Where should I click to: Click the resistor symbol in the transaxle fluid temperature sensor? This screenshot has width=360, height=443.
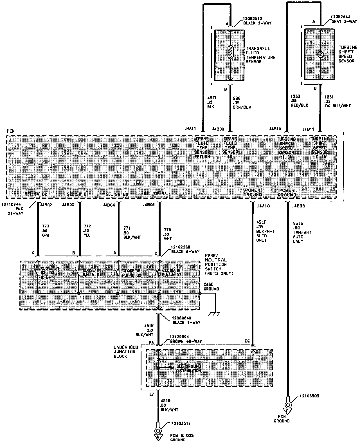point(230,52)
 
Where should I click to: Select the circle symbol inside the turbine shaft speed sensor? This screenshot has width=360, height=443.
point(319,55)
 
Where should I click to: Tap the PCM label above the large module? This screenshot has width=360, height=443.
point(11,131)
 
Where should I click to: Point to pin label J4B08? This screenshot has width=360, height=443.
point(218,129)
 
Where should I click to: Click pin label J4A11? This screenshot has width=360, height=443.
point(190,128)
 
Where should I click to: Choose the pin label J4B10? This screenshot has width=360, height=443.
point(275,129)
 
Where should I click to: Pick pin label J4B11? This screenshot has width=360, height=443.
point(308,129)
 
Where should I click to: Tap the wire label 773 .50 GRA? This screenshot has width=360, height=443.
point(46,231)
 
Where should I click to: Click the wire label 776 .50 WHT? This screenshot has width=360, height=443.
point(168,234)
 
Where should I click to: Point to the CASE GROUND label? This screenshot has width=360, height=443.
point(211,287)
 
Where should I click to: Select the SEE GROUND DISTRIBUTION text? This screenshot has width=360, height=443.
point(188,368)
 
